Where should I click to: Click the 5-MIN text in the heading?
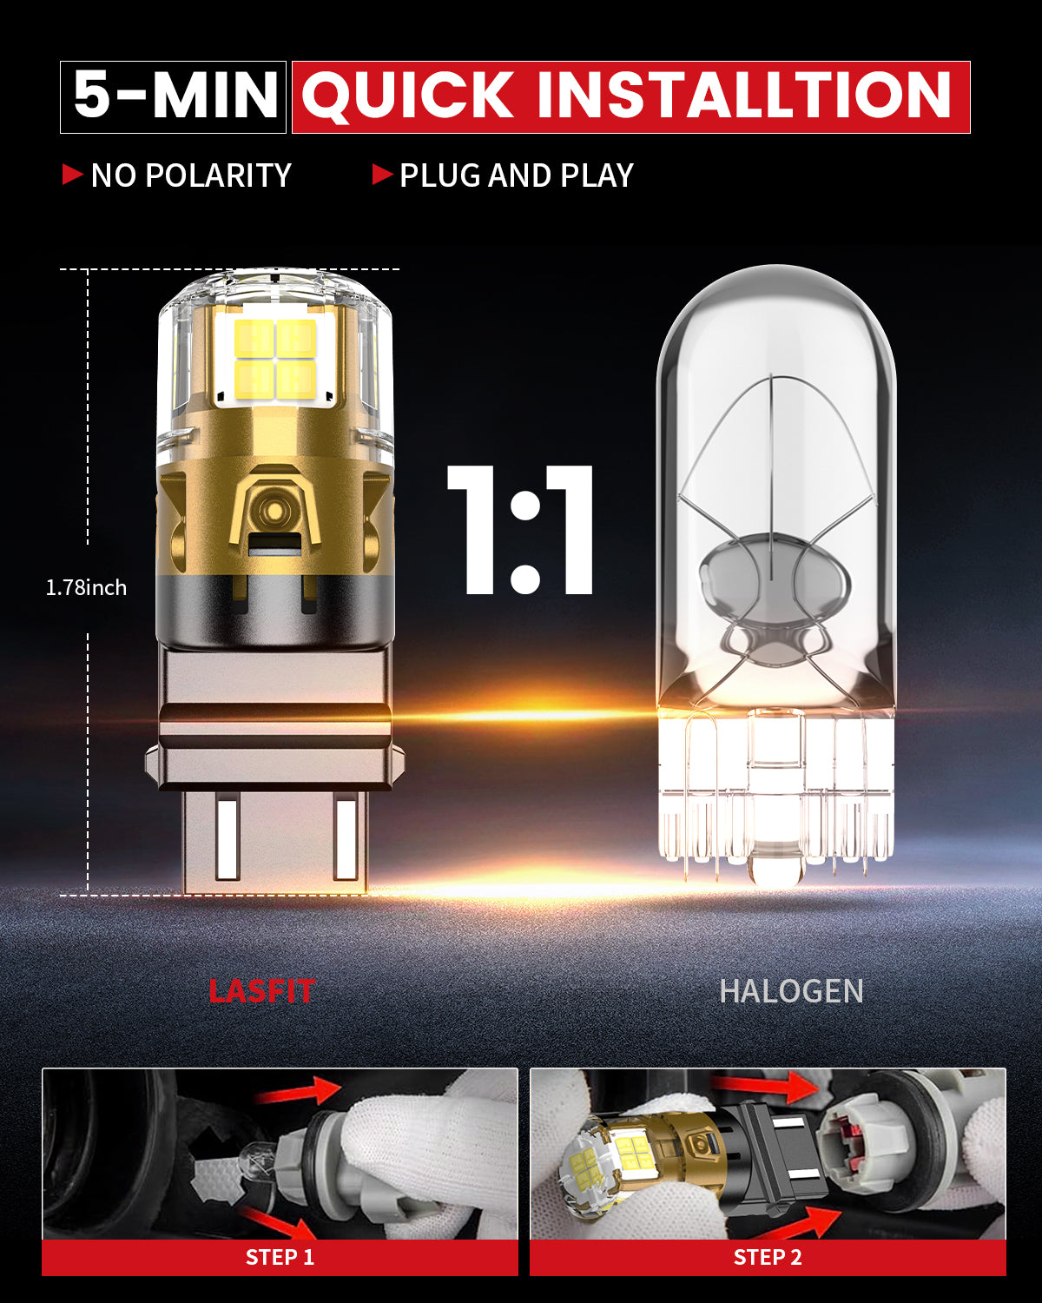pyautogui.click(x=174, y=96)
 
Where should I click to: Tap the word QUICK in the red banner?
pyautogui.click(x=407, y=96)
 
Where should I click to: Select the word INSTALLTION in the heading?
pyautogui.click(x=744, y=96)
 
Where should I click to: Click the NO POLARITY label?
pyautogui.click(x=191, y=175)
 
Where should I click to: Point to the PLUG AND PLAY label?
pyautogui.click(x=517, y=175)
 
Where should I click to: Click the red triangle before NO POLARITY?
pyautogui.click(x=72, y=175)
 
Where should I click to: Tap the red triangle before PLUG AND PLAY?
pyautogui.click(x=382, y=175)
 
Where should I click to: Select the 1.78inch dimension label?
pyautogui.click(x=86, y=588)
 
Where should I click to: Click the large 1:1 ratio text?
pyautogui.click(x=521, y=530)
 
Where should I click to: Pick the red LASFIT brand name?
pyautogui.click(x=260, y=991)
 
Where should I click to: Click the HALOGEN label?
pyautogui.click(x=791, y=991)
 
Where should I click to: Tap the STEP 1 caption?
pyautogui.click(x=280, y=1257)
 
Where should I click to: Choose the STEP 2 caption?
pyautogui.click(x=768, y=1257)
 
